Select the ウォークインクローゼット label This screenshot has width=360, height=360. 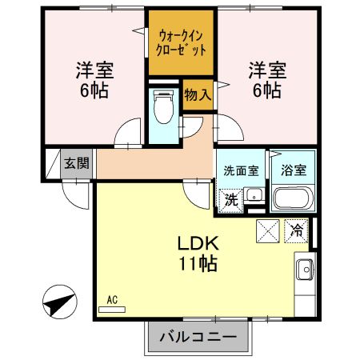click(x=181, y=42)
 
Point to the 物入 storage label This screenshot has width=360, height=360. click(x=198, y=94)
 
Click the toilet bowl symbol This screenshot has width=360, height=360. click(x=163, y=107)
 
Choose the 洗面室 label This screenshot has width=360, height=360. click(x=240, y=170)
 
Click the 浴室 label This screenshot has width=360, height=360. click(x=292, y=170)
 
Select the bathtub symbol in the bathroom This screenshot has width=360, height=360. click(x=294, y=197)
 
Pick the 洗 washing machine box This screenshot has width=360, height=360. click(x=230, y=199)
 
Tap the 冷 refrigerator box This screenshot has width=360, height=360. click(x=296, y=230)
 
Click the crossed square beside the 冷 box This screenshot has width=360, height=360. click(x=267, y=230)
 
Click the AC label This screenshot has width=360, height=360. click(x=111, y=300)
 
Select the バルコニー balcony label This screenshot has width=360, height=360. click(x=191, y=337)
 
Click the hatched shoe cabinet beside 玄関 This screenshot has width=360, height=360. click(x=52, y=166)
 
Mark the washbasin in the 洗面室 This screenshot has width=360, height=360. click(x=254, y=195)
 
